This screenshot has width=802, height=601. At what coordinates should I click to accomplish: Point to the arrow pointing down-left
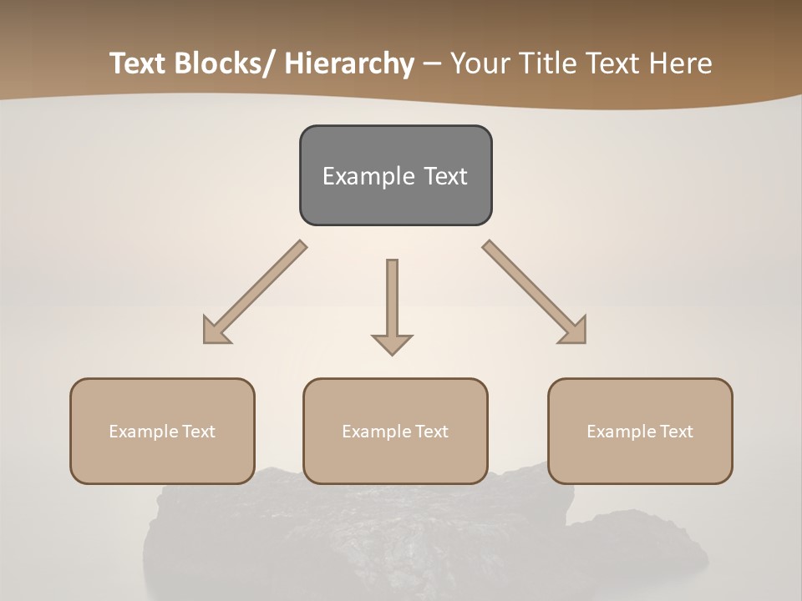click(x=255, y=292)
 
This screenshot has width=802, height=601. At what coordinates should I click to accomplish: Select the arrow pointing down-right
click(x=535, y=292)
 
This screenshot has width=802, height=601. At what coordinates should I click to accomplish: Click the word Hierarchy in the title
click(x=349, y=63)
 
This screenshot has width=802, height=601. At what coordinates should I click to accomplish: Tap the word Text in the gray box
click(x=445, y=176)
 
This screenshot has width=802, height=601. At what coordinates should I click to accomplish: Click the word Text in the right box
click(x=673, y=432)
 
